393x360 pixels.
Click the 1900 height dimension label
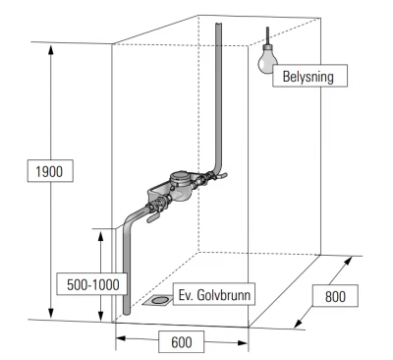point(50,171)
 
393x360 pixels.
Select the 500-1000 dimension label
point(92,284)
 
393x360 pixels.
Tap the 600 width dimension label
point(182,342)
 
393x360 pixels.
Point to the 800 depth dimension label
point(335,296)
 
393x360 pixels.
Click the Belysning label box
point(309,76)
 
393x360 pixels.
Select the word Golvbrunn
point(224,295)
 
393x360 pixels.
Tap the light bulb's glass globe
point(267,62)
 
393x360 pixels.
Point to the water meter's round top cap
point(180,178)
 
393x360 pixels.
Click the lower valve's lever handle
point(153,218)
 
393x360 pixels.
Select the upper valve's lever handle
point(220,176)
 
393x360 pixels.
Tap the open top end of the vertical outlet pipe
point(218,25)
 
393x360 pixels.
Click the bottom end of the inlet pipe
point(127,313)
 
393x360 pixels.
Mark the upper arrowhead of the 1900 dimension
point(50,49)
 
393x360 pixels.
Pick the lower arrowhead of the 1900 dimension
point(50,313)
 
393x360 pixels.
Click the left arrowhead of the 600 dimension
point(121,338)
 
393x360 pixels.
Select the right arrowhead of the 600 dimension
point(243,343)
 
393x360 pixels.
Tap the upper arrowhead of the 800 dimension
point(348,262)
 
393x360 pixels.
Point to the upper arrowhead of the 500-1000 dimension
point(101,236)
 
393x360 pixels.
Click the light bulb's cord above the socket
point(267,35)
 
